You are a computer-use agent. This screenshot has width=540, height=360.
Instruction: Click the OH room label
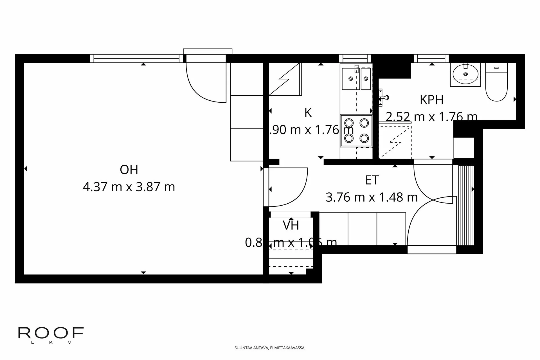pyautogui.click(x=129, y=170)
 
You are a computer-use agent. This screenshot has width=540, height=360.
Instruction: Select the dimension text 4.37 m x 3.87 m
pyautogui.click(x=129, y=187)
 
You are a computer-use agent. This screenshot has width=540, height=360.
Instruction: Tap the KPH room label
pyautogui.click(x=431, y=100)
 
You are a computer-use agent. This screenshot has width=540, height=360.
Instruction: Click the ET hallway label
pyautogui.click(x=372, y=180)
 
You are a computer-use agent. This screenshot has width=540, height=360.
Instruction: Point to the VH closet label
pyautogui.click(x=291, y=226)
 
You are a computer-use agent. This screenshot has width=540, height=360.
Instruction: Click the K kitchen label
pyautogui.click(x=308, y=113)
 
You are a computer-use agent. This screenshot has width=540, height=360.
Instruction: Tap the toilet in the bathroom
pyautogui.click(x=496, y=84)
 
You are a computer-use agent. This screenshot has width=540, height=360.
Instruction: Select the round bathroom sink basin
pyautogui.click(x=465, y=74)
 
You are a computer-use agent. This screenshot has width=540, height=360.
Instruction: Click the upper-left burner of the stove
pyautogui.click(x=349, y=123)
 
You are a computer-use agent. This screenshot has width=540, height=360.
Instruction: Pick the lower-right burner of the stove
pyautogui.click(x=364, y=138)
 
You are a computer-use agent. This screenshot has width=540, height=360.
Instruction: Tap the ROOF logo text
pyautogui.click(x=51, y=333)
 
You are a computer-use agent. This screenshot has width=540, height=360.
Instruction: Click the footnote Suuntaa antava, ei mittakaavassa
pyautogui.click(x=270, y=348)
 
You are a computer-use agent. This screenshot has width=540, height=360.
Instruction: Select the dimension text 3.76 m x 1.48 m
pyautogui.click(x=372, y=197)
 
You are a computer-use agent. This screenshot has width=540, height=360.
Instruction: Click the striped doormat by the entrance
pyautogui.click(x=465, y=205)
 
